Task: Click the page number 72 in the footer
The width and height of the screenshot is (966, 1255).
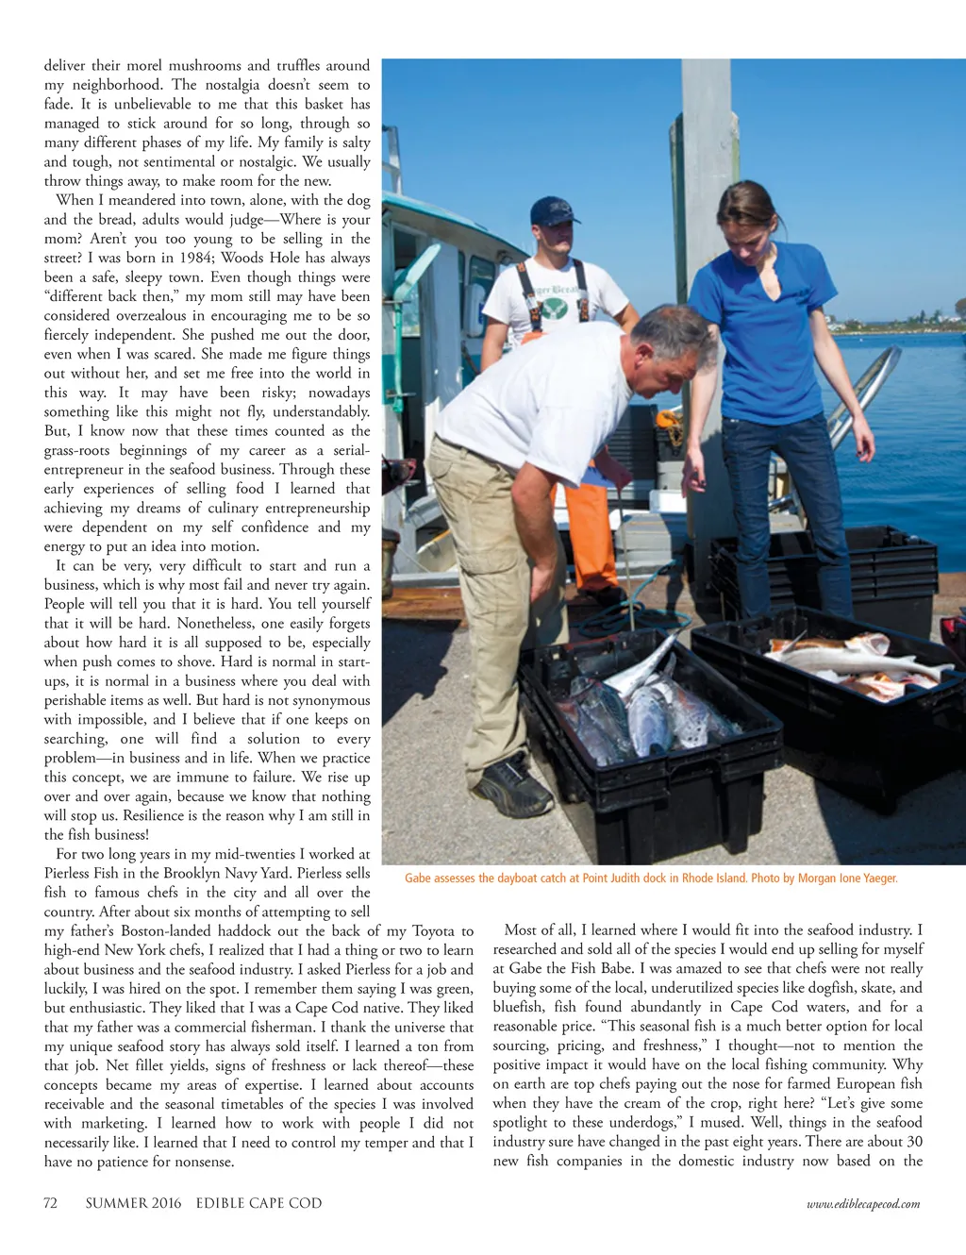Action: (x=51, y=1203)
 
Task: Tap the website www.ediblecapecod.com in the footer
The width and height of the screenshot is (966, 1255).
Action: (x=862, y=1204)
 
